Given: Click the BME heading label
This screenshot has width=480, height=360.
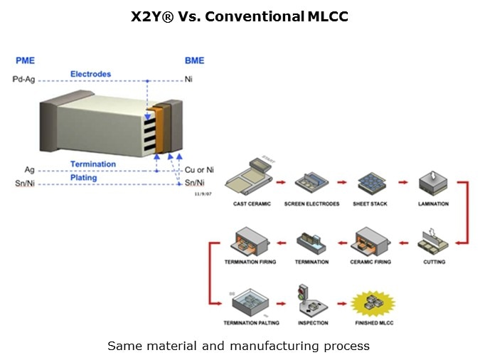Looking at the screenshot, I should pos(193,62).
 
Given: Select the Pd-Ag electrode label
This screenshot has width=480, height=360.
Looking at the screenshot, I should pos(23,80).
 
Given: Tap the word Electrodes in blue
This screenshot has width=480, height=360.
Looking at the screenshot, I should pos(90,74).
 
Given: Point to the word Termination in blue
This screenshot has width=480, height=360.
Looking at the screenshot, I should pos(92,164).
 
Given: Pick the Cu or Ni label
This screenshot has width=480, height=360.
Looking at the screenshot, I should pos(198,170).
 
